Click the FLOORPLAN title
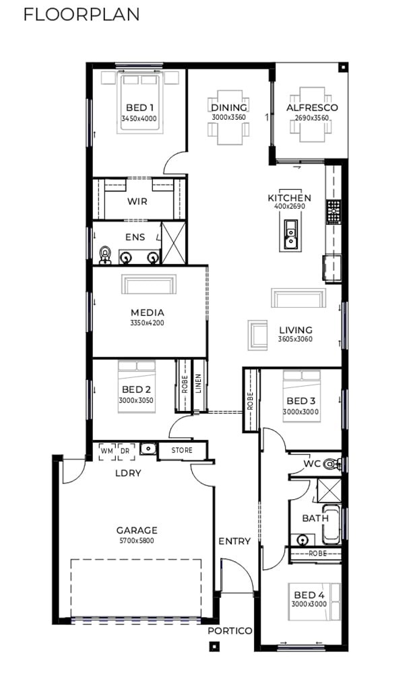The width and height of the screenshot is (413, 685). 82,14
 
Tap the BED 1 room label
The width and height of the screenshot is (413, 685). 139,108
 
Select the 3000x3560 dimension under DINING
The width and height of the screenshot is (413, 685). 229,117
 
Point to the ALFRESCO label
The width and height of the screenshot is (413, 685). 312,108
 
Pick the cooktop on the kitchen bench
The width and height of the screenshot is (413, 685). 334,211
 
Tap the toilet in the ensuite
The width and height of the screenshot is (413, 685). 105,255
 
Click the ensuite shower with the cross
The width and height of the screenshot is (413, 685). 174,243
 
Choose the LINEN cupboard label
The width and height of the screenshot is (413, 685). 198,383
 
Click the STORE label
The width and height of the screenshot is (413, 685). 182,450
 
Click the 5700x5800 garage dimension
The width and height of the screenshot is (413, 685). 137,540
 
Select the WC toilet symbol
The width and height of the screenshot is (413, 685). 333,463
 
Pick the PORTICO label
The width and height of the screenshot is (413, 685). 230,631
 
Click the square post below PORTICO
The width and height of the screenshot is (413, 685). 214,646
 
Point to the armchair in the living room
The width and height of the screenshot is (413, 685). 257,335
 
